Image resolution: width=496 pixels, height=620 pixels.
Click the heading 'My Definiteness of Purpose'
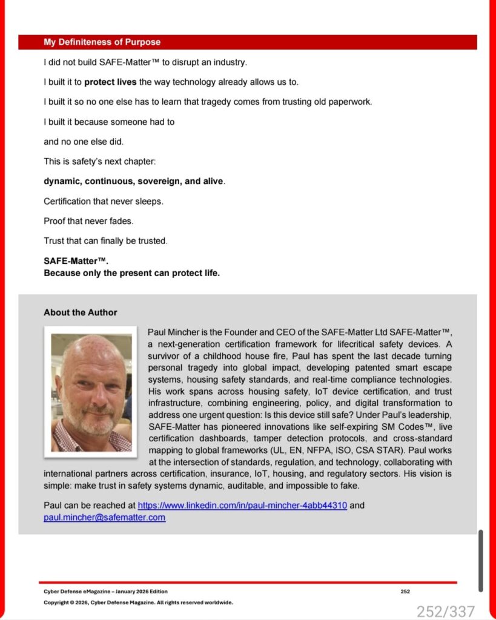point(102,42)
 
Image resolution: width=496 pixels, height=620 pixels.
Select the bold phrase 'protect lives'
point(110,82)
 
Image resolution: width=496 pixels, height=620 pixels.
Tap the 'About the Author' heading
point(80,312)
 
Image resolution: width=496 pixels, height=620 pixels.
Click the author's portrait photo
point(91,392)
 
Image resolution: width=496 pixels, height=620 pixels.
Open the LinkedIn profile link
point(242,505)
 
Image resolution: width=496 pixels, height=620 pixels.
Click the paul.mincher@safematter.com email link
point(104,517)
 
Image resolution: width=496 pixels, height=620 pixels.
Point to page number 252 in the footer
point(405,592)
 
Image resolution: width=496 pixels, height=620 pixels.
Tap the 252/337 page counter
point(445,611)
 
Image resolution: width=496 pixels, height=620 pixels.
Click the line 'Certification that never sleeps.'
point(104,201)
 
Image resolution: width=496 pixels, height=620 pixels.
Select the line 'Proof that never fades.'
point(88,221)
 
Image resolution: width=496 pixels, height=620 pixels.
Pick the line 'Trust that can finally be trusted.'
point(105,241)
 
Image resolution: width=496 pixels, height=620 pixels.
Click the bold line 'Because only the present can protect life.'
point(131,273)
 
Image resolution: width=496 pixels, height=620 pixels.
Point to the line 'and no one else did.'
point(84,142)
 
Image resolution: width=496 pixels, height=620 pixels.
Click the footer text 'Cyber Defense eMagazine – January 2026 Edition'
point(105,592)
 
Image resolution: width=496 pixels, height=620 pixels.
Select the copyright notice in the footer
point(138,602)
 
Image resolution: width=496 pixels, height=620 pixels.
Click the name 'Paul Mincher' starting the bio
point(172,332)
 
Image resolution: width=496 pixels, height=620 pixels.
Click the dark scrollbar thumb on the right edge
point(481,561)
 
